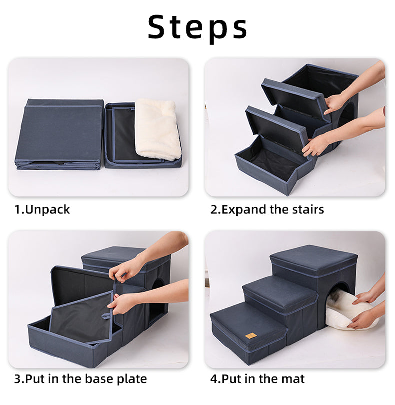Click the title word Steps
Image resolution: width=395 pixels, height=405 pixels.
point(197,27)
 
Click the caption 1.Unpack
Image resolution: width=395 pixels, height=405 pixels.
point(42,209)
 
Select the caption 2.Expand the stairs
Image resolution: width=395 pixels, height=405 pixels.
point(267,209)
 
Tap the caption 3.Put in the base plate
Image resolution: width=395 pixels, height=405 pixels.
point(80,379)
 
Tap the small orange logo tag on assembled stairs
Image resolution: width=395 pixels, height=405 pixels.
point(250,336)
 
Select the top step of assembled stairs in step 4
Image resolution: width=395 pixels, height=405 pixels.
point(313,260)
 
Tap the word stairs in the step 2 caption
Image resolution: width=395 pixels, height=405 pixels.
point(306,209)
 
